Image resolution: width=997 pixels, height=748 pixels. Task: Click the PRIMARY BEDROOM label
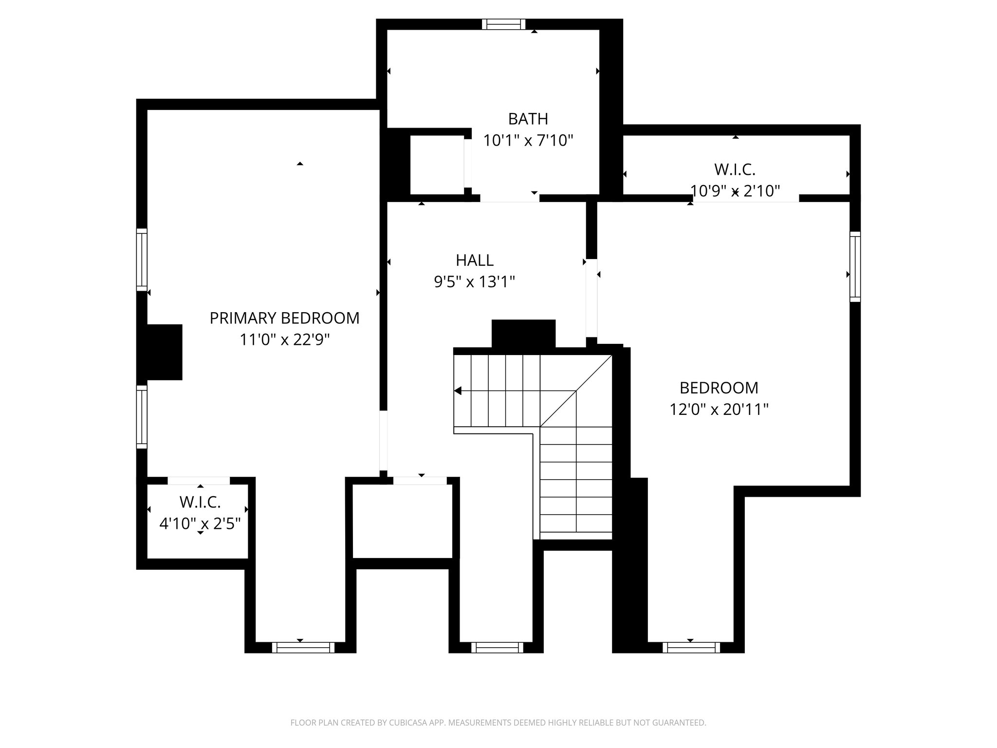284,318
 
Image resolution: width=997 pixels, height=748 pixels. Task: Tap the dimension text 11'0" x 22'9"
284,339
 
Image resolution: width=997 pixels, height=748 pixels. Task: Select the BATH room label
528,119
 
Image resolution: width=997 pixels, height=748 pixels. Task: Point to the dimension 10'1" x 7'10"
528,141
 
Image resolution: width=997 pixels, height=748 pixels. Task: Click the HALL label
475,261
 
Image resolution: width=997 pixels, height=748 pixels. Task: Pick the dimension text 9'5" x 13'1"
475,282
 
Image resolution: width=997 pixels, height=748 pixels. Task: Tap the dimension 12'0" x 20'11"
719,410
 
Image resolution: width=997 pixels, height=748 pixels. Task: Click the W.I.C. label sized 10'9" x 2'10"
735,169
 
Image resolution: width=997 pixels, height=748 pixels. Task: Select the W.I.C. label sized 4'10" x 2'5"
200,502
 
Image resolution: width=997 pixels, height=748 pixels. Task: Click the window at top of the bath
504,24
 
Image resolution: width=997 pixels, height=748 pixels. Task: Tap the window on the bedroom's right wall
855,267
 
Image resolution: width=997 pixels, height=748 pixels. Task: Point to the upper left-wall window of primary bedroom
142,260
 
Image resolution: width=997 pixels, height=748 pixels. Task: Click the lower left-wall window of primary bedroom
142,417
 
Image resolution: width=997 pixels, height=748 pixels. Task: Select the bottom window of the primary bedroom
303,647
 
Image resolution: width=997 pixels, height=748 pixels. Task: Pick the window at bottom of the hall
498,647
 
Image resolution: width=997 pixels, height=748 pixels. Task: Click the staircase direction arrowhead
458,391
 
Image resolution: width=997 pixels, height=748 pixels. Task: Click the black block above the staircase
523,334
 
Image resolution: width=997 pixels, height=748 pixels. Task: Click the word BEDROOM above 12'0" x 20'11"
719,388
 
